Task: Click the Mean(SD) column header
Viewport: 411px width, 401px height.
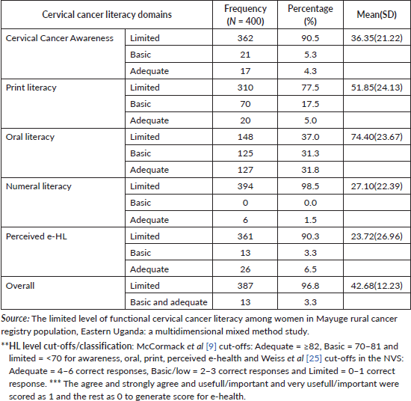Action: click(x=377, y=15)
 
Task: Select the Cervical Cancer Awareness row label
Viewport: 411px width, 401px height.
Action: click(x=60, y=38)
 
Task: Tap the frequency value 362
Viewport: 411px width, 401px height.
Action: click(x=245, y=38)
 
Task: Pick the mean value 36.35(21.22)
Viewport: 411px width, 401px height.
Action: click(x=377, y=38)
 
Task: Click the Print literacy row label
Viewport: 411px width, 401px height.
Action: click(x=31, y=88)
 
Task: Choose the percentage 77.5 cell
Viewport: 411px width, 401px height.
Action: click(x=310, y=88)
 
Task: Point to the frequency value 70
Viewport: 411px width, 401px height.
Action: click(x=245, y=104)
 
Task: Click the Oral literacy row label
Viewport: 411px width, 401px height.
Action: click(x=30, y=137)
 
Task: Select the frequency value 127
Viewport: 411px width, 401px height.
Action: click(x=245, y=170)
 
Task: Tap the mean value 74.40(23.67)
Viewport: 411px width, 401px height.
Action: click(x=377, y=137)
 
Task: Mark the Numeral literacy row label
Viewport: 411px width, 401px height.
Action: click(x=39, y=186)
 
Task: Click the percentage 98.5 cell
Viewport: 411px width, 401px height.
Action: click(x=310, y=186)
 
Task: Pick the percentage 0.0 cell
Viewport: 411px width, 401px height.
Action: click(x=310, y=203)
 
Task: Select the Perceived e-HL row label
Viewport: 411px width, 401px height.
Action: click(x=37, y=236)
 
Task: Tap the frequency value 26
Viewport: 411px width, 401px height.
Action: click(x=245, y=269)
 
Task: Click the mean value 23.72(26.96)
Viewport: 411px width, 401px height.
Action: click(x=377, y=236)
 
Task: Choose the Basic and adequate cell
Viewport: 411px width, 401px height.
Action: click(x=169, y=302)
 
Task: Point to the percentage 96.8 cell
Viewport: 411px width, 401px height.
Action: click(x=310, y=286)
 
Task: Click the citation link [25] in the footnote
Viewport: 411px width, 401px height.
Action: click(x=314, y=358)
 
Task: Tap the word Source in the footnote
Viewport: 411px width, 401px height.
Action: click(x=15, y=319)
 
